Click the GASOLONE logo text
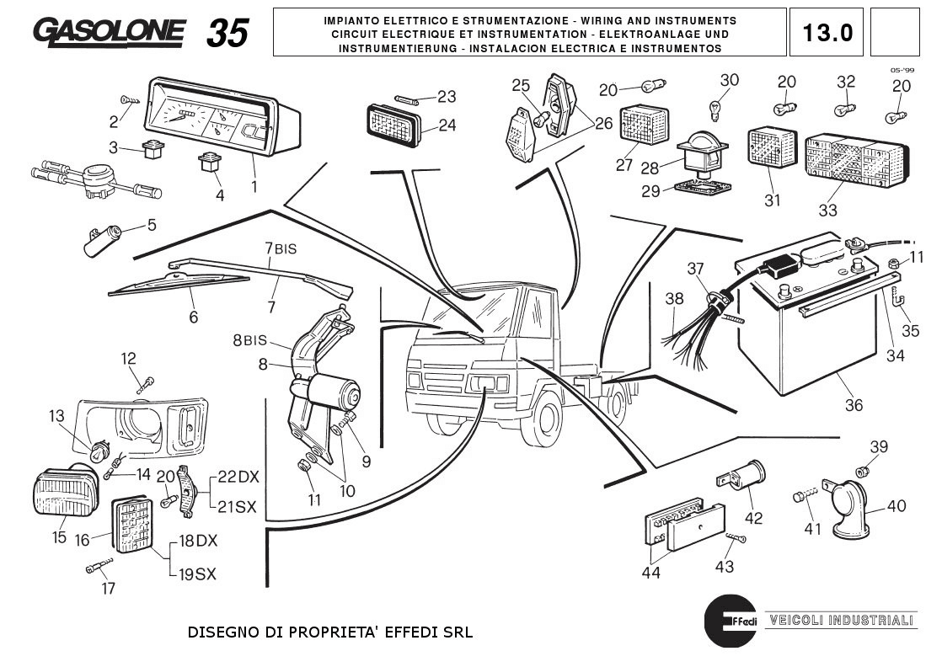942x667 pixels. (110, 31)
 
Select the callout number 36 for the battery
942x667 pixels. (854, 405)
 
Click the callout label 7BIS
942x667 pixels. (281, 248)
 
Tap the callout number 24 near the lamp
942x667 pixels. (447, 125)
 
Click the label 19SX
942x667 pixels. (197, 574)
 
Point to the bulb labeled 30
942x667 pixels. (714, 109)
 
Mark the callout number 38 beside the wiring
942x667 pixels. (674, 298)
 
